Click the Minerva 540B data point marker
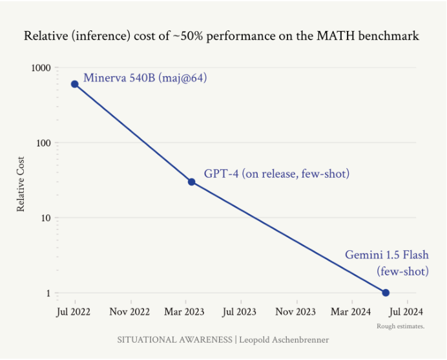click(x=75, y=84)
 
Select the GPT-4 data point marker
click(x=192, y=182)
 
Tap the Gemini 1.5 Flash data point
click(x=386, y=293)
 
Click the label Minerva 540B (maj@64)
click(x=145, y=78)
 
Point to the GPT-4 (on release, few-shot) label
click(x=276, y=174)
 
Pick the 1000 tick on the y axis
click(x=41, y=68)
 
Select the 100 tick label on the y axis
click(x=43, y=143)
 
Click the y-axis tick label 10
click(x=46, y=218)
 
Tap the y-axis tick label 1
click(x=48, y=293)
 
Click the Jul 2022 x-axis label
click(x=73, y=312)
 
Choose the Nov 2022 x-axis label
click(x=129, y=312)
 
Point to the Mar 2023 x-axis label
click(x=184, y=312)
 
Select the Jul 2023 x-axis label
click(x=240, y=312)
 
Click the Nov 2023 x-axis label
click(x=295, y=312)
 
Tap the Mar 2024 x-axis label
click(x=351, y=312)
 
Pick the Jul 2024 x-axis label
click(x=406, y=312)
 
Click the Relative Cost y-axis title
click(x=21, y=184)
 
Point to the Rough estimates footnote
click(x=400, y=326)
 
